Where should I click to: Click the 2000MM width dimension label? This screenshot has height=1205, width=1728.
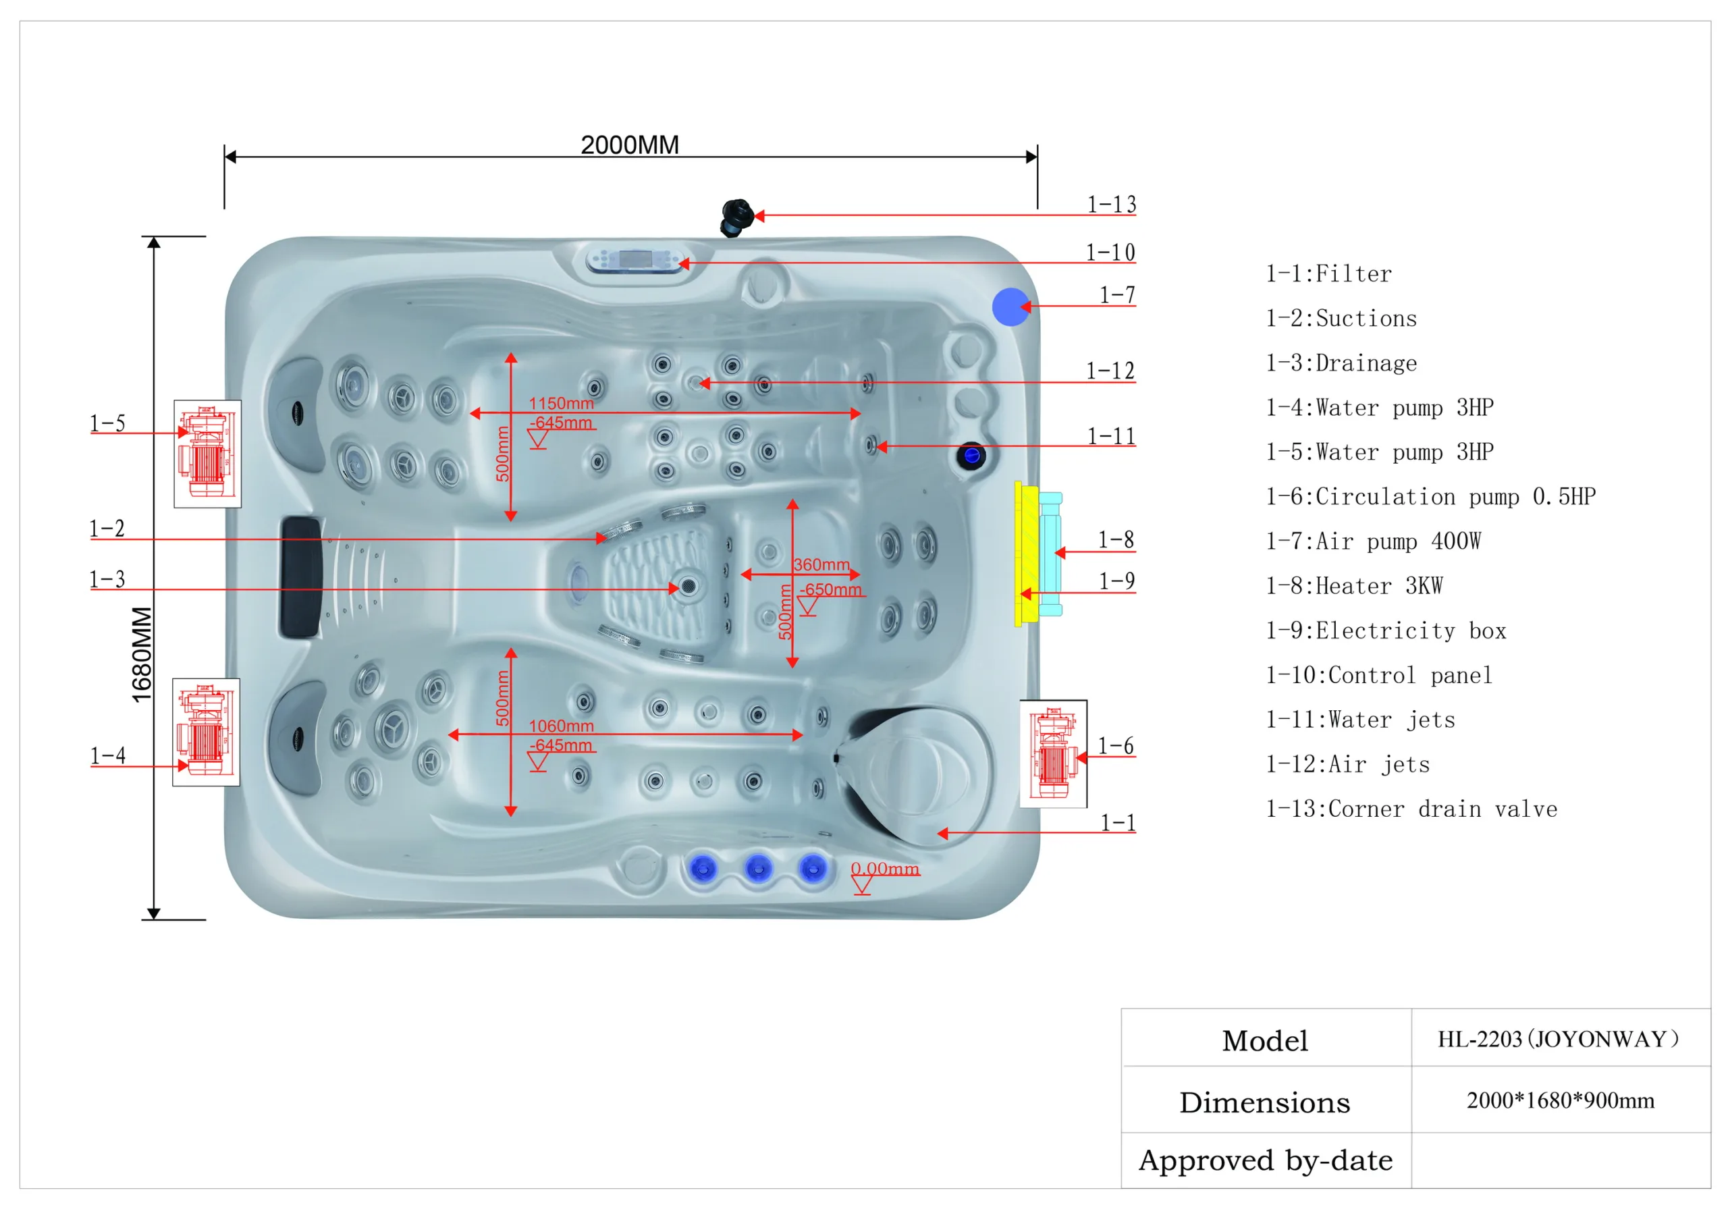(629, 144)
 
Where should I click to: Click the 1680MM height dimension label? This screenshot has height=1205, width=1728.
(142, 654)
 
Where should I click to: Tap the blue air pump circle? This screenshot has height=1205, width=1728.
(1010, 306)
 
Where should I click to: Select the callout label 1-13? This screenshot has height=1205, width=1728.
(1111, 205)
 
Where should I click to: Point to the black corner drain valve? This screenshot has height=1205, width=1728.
(736, 217)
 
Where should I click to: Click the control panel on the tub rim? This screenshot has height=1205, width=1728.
(636, 261)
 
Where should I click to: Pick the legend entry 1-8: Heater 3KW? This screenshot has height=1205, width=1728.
(1354, 585)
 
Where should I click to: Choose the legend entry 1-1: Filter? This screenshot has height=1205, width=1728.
(1328, 274)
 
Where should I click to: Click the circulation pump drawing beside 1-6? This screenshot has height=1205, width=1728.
(1052, 753)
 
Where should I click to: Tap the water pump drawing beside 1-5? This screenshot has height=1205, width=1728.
(207, 453)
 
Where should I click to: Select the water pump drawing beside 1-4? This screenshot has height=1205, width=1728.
(205, 732)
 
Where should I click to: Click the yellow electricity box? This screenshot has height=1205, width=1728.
(1026, 555)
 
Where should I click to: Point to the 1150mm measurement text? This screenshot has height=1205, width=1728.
(561, 404)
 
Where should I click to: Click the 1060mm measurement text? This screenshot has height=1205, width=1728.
(561, 726)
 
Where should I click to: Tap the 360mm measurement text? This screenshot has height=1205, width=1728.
(821, 564)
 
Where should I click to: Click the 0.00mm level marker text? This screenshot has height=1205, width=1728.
(884, 869)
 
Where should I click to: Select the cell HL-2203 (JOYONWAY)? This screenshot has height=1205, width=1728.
(1559, 1039)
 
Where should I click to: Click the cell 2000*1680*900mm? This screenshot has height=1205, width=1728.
(1560, 1100)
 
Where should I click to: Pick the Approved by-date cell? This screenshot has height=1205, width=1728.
(1265, 1160)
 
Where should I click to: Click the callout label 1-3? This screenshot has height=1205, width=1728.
(107, 579)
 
